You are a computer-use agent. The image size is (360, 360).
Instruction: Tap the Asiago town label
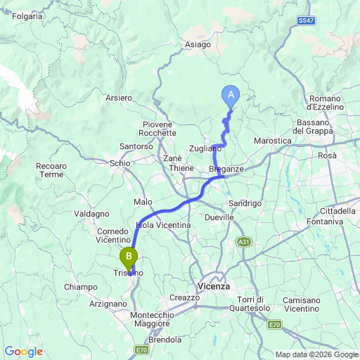pos(198,44)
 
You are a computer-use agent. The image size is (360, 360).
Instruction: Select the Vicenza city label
pos(214,286)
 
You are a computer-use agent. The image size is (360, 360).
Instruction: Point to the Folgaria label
pos(27,15)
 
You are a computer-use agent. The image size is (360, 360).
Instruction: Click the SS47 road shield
pos(305,22)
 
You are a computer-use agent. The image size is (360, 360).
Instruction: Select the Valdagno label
pos(91,213)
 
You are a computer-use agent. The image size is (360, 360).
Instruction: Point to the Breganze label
pos(226,169)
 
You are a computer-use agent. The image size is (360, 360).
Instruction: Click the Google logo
pos(23,352)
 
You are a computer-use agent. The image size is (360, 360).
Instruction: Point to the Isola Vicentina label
pos(164,224)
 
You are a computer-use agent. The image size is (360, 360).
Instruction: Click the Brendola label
pos(165,340)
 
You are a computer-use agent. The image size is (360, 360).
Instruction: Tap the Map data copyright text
pos(316,354)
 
